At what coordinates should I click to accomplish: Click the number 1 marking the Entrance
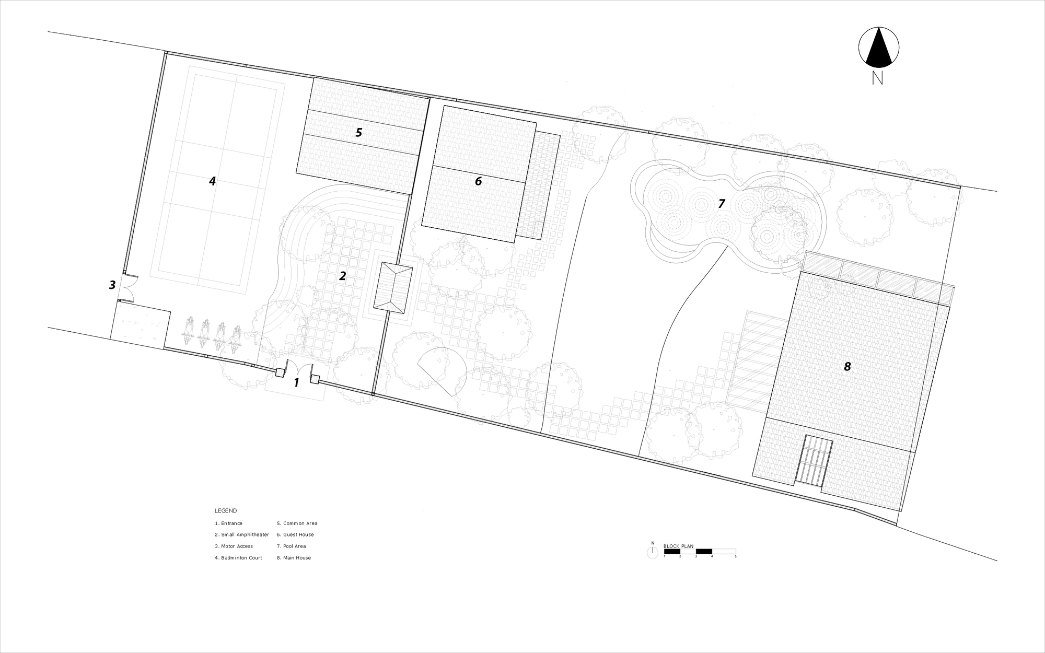point(296,383)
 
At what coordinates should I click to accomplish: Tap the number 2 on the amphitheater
point(342,276)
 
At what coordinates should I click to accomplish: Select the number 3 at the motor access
point(112,285)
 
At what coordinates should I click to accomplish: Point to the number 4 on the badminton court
point(212,181)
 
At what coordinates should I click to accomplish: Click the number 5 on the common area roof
point(358,133)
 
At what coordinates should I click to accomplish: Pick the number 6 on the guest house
point(478,181)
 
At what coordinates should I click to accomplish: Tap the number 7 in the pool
point(722,204)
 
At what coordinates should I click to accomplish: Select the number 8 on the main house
point(847,367)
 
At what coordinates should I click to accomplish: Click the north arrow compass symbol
point(879,48)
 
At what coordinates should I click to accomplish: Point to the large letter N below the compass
point(877,78)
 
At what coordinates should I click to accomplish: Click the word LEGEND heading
point(226,511)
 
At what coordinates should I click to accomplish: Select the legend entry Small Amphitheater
point(242,535)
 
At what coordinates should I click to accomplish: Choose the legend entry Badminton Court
point(238,558)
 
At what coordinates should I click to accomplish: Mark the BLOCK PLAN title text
point(678,546)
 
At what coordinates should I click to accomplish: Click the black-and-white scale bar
point(700,551)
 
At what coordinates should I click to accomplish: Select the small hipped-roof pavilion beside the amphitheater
point(393,287)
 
